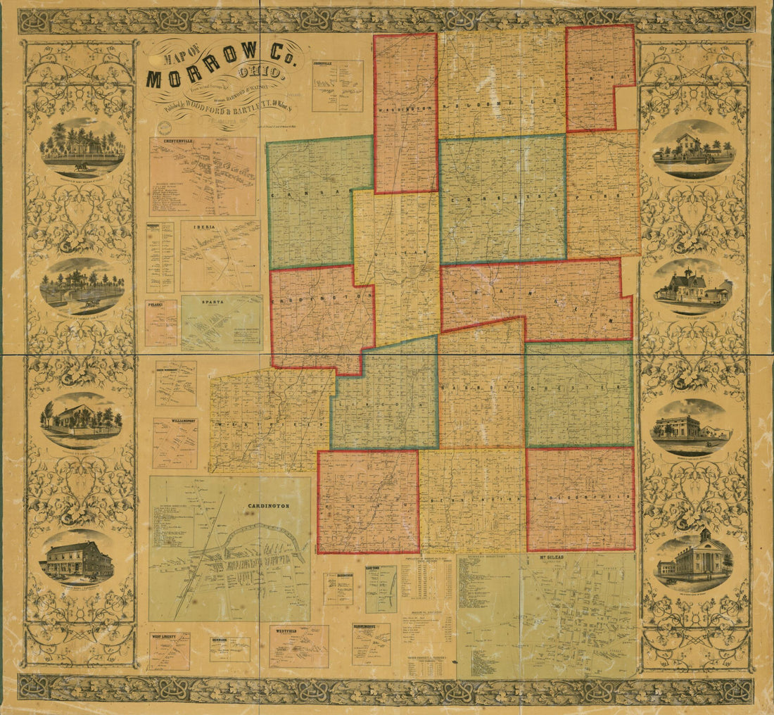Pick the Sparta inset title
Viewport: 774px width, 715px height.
[x=214, y=301]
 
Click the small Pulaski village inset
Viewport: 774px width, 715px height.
[x=161, y=323]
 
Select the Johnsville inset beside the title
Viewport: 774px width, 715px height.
[x=338, y=85]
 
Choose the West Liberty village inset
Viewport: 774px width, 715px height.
[x=170, y=651]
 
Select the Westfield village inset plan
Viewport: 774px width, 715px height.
[x=299, y=646]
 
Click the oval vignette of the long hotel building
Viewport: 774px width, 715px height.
[x=77, y=559]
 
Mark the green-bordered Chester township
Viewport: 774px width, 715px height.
[x=579, y=394]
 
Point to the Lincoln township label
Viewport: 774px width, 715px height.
[x=383, y=405]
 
